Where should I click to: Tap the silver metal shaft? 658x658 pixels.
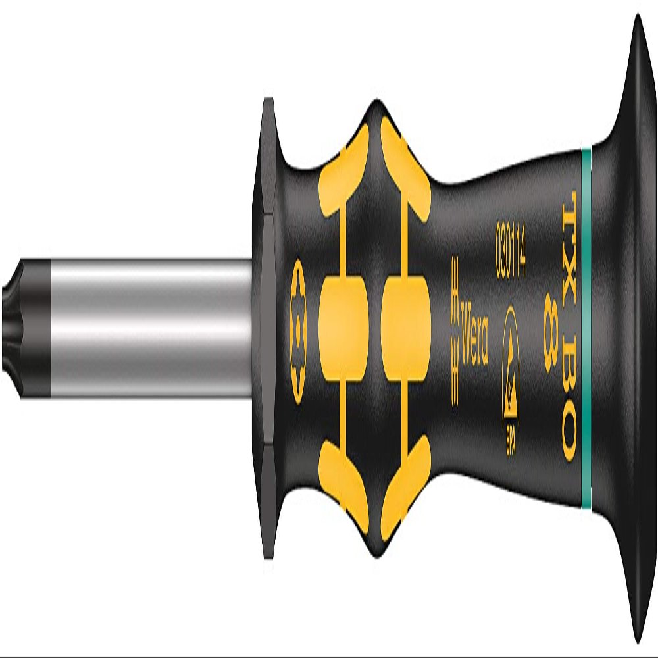coord(151,328)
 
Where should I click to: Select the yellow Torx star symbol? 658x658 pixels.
coord(298,332)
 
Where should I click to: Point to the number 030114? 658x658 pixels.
coord(511,251)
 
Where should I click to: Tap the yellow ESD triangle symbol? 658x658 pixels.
coord(511,361)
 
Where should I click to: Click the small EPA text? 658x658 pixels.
coord(511,441)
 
